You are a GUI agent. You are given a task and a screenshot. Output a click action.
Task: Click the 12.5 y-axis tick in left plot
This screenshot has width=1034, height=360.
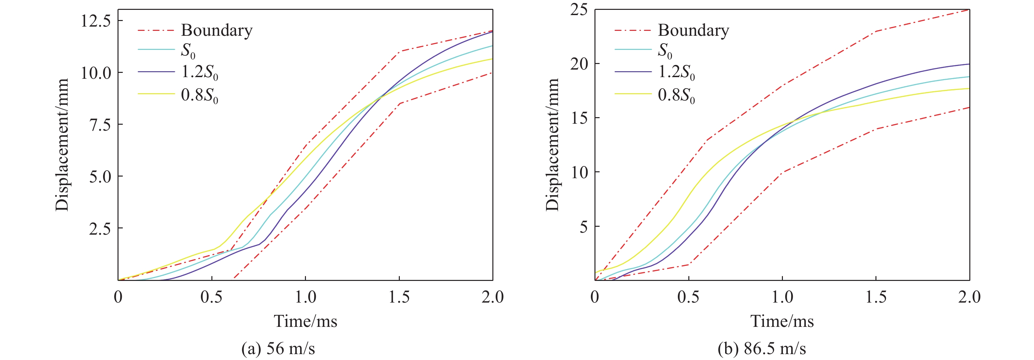[96, 21]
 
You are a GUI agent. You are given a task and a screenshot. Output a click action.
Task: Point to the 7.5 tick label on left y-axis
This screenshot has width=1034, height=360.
[100, 125]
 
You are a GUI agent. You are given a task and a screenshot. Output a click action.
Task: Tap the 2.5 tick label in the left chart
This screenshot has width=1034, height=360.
[100, 228]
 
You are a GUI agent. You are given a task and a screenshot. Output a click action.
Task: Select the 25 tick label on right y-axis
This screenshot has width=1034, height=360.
[578, 10]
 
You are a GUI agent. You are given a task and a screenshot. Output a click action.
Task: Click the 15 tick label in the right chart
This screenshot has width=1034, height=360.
[578, 118]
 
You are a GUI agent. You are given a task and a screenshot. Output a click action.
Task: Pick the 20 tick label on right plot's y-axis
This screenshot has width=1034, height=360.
[578, 64]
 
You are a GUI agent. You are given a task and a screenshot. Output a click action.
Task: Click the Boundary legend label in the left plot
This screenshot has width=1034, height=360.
[217, 31]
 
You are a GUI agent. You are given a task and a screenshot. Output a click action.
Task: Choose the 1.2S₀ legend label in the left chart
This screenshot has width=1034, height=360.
[200, 72]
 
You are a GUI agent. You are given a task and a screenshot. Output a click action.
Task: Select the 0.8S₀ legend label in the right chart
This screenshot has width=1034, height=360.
[676, 95]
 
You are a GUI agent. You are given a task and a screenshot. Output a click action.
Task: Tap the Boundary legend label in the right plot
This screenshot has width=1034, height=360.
[693, 31]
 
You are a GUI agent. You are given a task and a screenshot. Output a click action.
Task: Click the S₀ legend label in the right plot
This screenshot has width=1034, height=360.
[665, 51]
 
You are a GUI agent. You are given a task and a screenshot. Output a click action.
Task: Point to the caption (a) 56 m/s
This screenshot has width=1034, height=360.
[278, 348]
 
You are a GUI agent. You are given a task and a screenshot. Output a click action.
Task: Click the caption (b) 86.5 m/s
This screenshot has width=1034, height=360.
[762, 348]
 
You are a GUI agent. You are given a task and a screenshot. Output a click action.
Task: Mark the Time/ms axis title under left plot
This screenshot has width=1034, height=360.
[306, 321]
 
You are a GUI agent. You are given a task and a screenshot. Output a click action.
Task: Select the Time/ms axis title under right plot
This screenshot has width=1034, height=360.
[782, 321]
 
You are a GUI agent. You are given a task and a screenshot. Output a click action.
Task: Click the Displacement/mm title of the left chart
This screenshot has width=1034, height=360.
[62, 144]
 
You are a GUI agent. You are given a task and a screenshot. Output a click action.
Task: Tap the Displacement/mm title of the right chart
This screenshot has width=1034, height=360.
[552, 144]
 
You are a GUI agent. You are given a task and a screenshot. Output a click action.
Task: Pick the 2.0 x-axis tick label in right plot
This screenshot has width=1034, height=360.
[969, 297]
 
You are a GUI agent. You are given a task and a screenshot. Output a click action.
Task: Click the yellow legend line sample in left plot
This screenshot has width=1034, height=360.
[156, 94]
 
